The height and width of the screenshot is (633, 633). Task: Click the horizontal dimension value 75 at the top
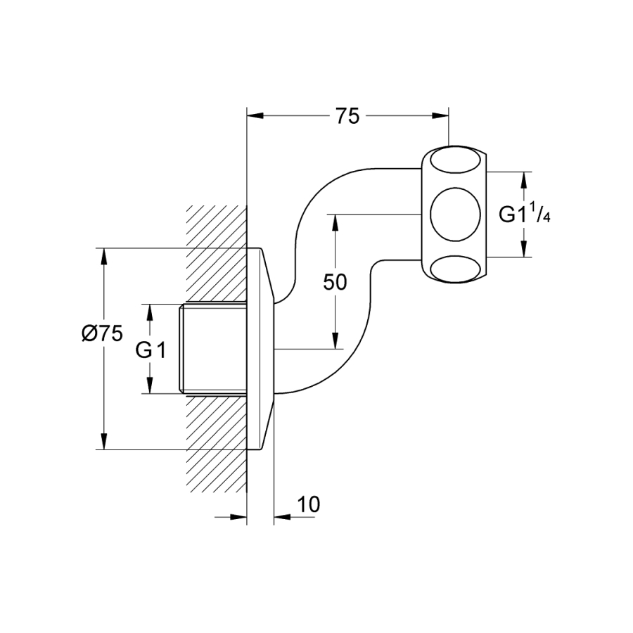[347, 116]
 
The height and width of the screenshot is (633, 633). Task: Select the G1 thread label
[151, 350]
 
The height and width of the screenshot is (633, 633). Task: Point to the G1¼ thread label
[525, 215]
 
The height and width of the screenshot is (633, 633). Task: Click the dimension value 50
[335, 282]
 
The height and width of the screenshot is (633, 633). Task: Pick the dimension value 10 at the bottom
[308, 504]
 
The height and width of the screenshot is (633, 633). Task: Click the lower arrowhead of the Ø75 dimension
[104, 442]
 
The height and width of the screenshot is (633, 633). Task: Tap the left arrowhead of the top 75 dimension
[255, 116]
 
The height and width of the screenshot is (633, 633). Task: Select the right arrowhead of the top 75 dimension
[440, 116]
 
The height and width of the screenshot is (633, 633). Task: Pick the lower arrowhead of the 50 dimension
[335, 341]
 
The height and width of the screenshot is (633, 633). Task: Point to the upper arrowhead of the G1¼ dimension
[523, 179]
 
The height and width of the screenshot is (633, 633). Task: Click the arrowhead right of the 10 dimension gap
[282, 517]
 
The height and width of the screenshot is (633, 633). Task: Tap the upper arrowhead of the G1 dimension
[150, 312]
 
